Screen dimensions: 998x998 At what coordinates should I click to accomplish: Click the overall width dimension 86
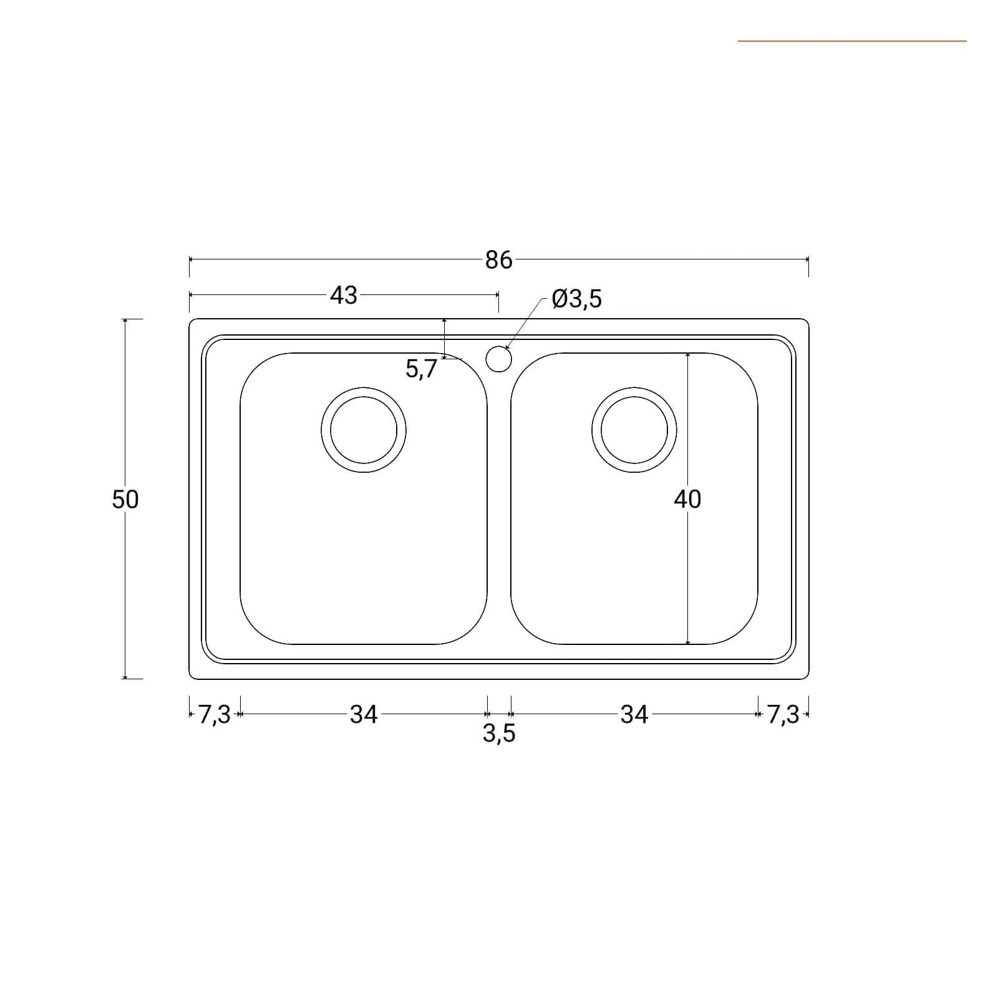pos(498,260)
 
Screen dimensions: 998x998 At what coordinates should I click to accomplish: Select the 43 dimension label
pos(344,295)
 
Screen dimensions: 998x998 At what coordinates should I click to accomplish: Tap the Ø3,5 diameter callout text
pos(577,299)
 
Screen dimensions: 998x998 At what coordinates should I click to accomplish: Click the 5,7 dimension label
pos(422,369)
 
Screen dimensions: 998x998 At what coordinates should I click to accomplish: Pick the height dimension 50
pos(125,499)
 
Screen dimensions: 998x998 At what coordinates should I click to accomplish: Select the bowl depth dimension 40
pos(687,499)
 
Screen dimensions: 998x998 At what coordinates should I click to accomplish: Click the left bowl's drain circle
pos(364,388)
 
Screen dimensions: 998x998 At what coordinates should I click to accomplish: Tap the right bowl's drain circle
pos(634,388)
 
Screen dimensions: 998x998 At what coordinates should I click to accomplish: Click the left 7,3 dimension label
pos(215,715)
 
